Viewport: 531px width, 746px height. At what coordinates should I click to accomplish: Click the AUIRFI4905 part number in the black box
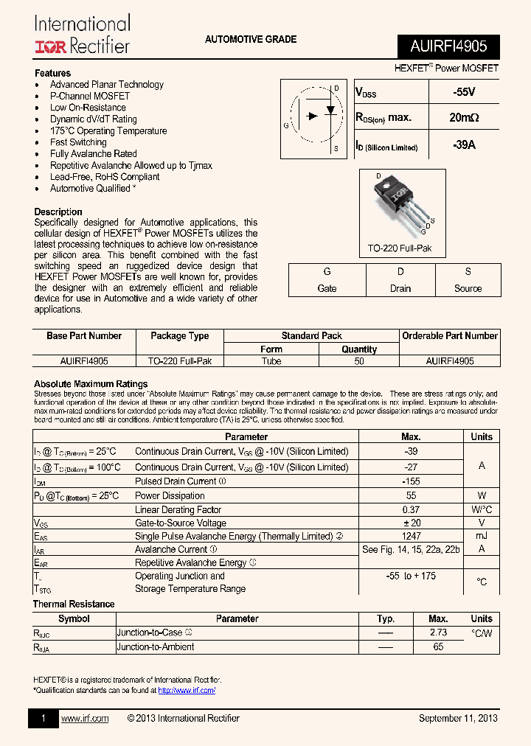[448, 46]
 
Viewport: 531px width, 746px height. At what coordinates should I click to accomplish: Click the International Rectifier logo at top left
[82, 35]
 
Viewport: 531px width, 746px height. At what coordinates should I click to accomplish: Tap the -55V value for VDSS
[464, 92]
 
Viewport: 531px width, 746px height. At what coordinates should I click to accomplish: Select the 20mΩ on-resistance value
[464, 117]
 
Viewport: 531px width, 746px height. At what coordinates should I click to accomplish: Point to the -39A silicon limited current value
[464, 145]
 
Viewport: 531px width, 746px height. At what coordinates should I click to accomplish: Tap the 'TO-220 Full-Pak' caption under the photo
[400, 248]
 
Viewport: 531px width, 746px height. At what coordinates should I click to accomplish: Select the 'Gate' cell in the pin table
[327, 288]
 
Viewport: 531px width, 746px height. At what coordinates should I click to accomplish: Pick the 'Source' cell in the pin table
[468, 288]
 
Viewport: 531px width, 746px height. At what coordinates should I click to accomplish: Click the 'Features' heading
[53, 73]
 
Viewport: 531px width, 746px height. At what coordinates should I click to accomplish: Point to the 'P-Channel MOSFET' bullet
[90, 96]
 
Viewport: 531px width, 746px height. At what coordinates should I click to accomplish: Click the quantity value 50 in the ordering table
[359, 361]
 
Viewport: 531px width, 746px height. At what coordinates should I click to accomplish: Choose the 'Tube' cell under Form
[271, 361]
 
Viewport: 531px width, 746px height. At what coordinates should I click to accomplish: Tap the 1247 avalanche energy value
[411, 536]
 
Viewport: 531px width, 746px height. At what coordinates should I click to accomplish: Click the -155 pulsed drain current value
[411, 481]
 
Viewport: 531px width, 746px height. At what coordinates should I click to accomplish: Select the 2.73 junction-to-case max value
[438, 632]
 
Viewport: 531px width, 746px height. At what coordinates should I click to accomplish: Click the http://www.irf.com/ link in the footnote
[187, 691]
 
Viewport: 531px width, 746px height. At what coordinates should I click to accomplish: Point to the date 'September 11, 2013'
[458, 718]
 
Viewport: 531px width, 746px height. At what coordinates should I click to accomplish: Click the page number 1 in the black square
[44, 718]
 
